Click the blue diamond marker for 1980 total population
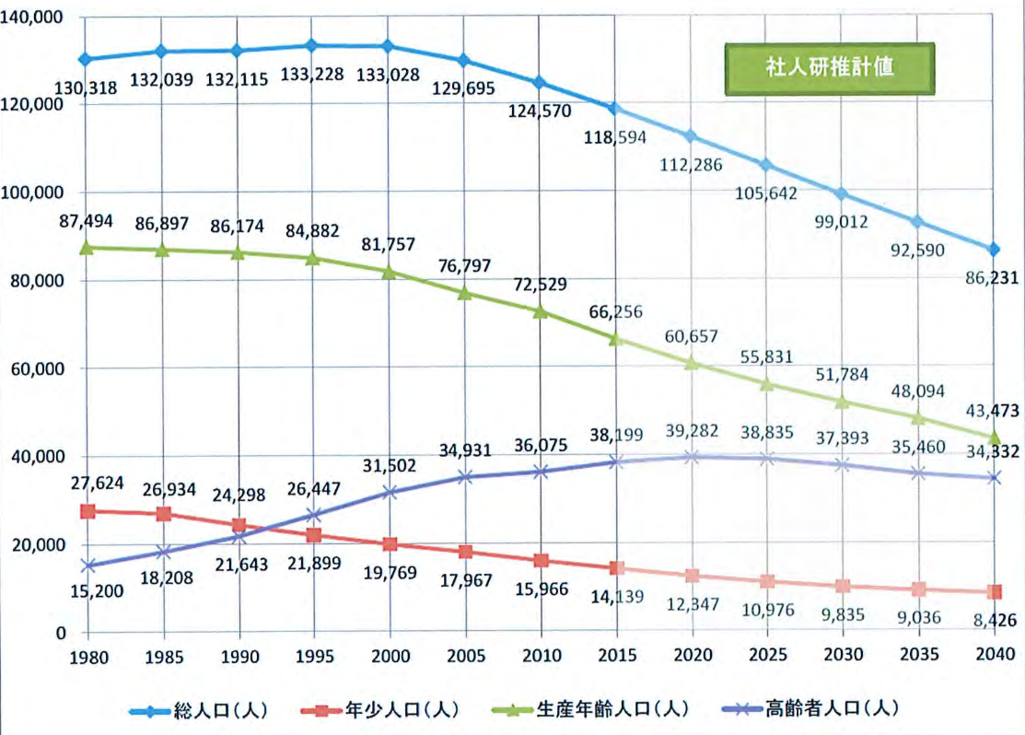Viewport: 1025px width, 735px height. coord(86,59)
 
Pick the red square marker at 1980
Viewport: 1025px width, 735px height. coord(86,511)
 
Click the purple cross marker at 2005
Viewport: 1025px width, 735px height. coord(466,477)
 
